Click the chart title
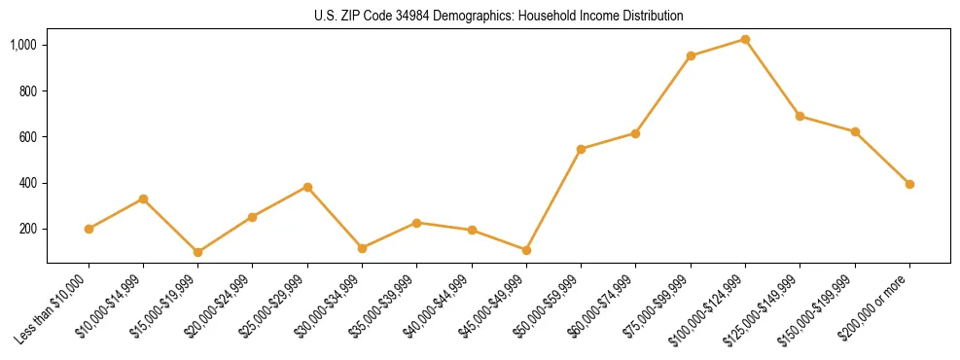(498, 16)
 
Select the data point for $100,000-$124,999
(745, 39)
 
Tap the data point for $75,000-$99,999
(691, 55)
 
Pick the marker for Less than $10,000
(89, 229)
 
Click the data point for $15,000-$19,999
(198, 252)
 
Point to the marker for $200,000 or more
(909, 184)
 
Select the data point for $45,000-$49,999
(526, 250)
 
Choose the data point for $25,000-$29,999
(307, 187)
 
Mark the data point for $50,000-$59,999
(581, 149)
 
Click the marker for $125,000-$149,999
(800, 116)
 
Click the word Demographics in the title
(436, 16)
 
